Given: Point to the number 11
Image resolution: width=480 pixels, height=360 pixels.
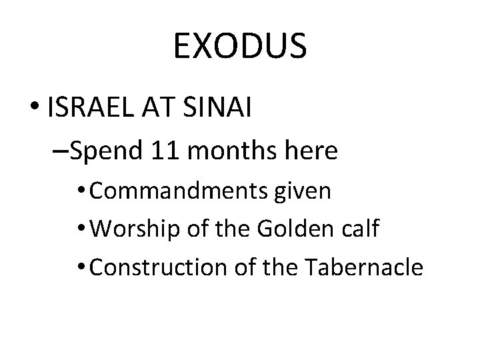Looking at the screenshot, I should [x=163, y=152].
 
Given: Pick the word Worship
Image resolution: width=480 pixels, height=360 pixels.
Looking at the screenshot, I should [x=126, y=230].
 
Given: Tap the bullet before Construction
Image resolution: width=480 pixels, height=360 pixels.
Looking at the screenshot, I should [x=81, y=267].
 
